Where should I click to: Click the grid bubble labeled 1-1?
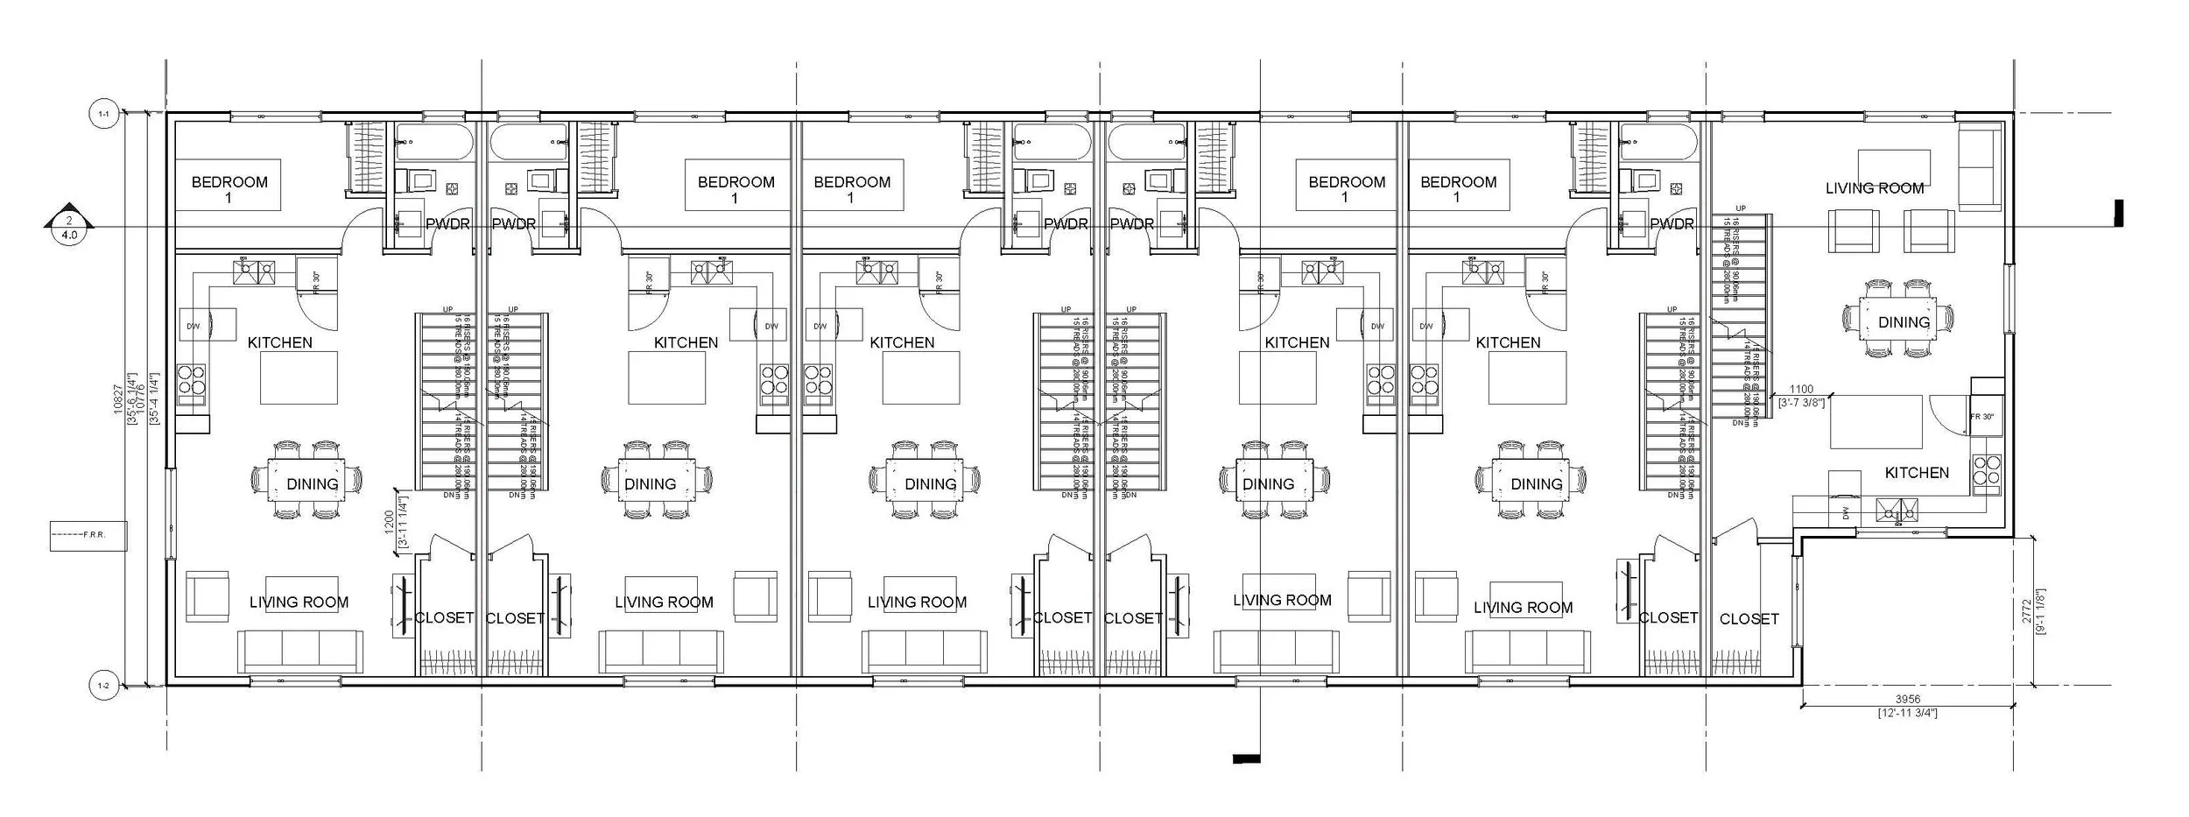[x=103, y=114]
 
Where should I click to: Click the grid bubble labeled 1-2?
[x=103, y=686]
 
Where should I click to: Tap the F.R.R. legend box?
[x=88, y=535]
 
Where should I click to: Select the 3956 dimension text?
[x=1908, y=699]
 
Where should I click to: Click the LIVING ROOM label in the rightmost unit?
[x=1874, y=187]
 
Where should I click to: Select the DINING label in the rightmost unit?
[x=1904, y=322]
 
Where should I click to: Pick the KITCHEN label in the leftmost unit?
[x=280, y=342]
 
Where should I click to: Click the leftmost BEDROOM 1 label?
[x=229, y=188]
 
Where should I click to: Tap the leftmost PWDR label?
[x=447, y=224]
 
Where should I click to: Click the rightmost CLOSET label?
[x=1749, y=618]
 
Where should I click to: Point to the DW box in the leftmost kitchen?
[x=194, y=326]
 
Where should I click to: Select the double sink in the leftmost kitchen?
[x=254, y=271]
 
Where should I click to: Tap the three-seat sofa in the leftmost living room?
[x=300, y=651]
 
